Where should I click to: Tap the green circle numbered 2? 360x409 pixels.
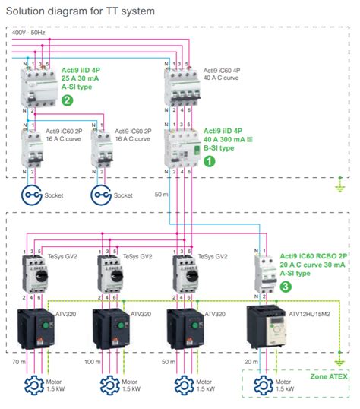click(68, 100)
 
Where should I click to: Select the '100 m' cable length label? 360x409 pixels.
click(91, 363)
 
